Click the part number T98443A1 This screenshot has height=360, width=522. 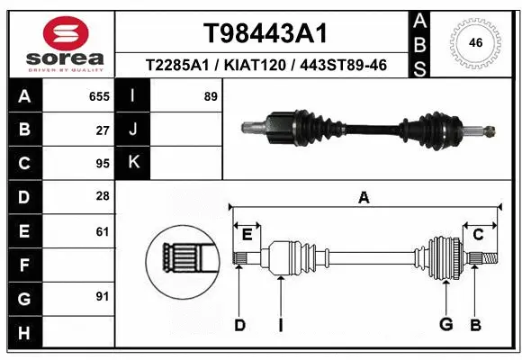[264, 33]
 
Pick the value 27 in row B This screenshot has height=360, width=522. [103, 130]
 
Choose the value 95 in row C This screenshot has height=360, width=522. [103, 165]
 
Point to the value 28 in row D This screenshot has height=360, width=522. [103, 197]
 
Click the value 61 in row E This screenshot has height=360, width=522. [103, 231]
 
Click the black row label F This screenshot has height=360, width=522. [23, 265]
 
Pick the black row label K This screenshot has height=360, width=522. [134, 163]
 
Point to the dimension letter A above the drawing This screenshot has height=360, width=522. [364, 199]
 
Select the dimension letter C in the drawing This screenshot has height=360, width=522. [478, 234]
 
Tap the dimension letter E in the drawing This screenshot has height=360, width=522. [247, 234]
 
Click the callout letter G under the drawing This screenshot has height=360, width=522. [445, 324]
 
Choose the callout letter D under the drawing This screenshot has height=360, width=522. [239, 324]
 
